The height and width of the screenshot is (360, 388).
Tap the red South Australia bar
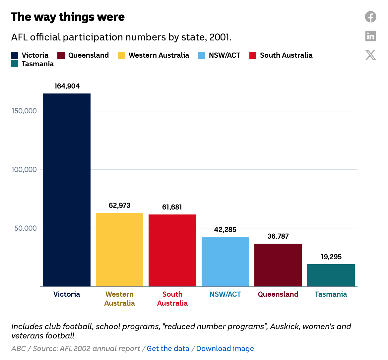pos(172,251)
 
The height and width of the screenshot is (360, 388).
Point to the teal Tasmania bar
pos(331,275)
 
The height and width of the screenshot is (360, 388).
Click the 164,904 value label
pos(67,86)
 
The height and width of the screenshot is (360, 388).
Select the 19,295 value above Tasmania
pos(331,257)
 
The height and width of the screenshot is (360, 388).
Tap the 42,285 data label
pos(225,230)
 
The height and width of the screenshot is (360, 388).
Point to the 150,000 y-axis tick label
pos(24,111)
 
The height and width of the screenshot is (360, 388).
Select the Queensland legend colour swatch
pos(61,55)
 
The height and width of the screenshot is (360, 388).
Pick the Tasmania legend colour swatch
pos(15,64)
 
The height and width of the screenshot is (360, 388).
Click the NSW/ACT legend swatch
pos(202,55)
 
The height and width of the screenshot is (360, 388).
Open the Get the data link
pos(168,349)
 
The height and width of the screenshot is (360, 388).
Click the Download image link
pos(225,349)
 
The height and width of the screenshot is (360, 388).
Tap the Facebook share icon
pos(370,17)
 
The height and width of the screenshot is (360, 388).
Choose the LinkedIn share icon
pos(370,36)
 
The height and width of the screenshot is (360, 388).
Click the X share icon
pos(370,55)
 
